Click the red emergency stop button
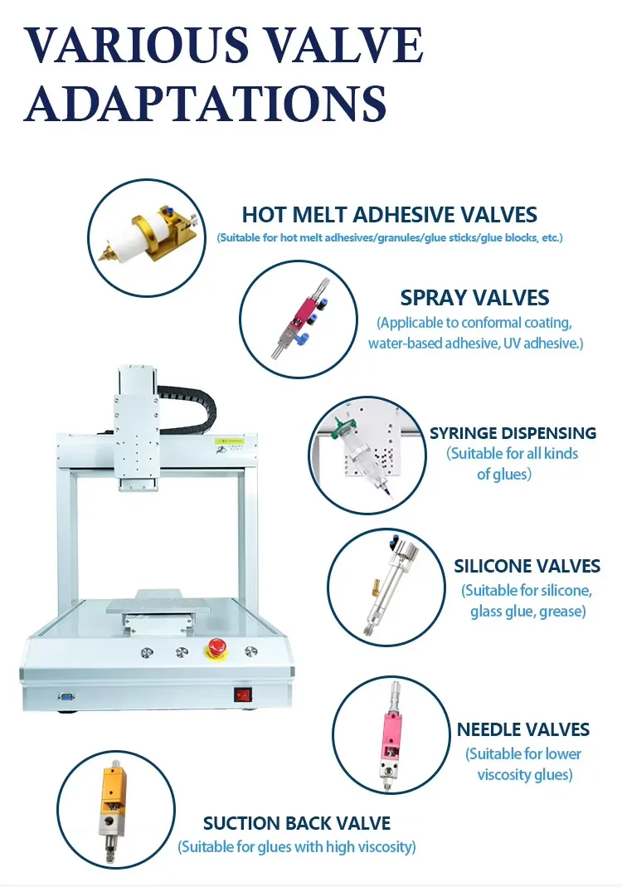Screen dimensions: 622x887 click(216, 648)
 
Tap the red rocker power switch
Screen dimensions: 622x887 click(242, 694)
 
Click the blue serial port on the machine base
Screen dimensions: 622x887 click(66, 696)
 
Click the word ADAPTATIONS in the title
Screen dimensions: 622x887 click(206, 103)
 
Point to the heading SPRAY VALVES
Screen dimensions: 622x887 click(474, 298)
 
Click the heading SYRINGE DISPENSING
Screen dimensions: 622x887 click(513, 433)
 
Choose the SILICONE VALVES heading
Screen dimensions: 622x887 click(527, 566)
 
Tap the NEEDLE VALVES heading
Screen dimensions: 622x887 click(523, 729)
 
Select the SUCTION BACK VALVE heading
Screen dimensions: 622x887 click(297, 823)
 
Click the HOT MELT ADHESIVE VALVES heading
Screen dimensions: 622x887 click(390, 215)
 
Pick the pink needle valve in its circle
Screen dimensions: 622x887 click(390, 735)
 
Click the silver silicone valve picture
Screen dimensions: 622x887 click(387, 586)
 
